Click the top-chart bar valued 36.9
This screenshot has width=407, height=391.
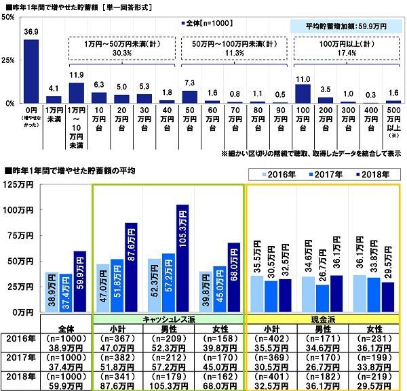tap(31, 71)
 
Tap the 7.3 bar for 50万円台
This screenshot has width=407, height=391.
tap(192, 96)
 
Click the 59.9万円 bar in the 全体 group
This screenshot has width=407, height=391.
tap(80, 281)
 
